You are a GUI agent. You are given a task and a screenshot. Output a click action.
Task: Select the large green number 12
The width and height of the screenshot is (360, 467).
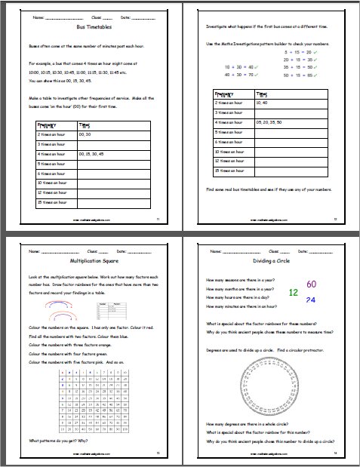click(x=294, y=293)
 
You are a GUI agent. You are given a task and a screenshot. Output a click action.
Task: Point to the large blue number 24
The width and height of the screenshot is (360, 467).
click(x=310, y=300)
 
